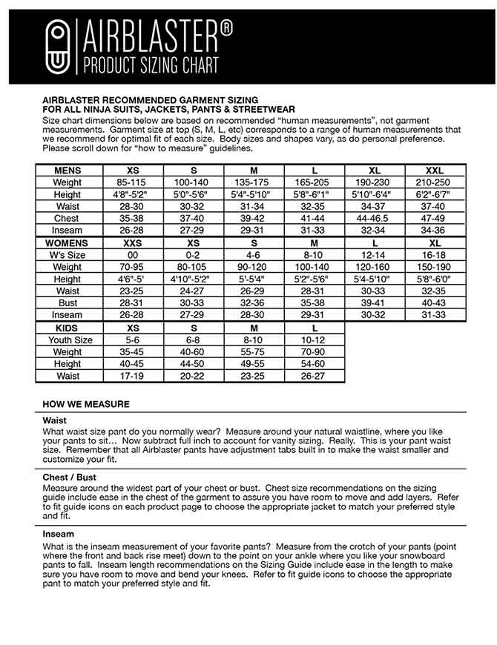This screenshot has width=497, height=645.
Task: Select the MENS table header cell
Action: click(68, 171)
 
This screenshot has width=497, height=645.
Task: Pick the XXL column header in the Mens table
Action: click(435, 171)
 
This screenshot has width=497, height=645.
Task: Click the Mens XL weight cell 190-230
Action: click(375, 182)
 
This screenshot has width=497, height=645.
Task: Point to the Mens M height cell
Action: click(254, 194)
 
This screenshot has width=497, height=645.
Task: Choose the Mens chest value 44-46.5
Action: click(375, 219)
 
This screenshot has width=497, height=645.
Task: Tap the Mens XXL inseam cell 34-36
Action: click(435, 231)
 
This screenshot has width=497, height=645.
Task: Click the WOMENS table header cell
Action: click(68, 243)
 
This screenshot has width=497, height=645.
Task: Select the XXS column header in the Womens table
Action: click(133, 243)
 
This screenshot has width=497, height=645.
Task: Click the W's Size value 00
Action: click(133, 255)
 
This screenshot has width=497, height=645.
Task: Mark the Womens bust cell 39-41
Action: click(375, 303)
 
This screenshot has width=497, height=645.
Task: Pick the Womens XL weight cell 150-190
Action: click(435, 267)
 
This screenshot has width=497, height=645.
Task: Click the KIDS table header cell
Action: click(68, 328)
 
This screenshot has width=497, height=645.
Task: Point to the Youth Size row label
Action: click(68, 340)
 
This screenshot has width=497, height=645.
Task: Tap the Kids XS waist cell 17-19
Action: click(133, 376)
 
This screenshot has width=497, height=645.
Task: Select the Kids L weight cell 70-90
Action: click(315, 352)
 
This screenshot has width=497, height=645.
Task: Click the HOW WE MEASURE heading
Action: click(86, 404)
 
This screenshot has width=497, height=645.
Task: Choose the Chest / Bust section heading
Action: click(70, 477)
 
